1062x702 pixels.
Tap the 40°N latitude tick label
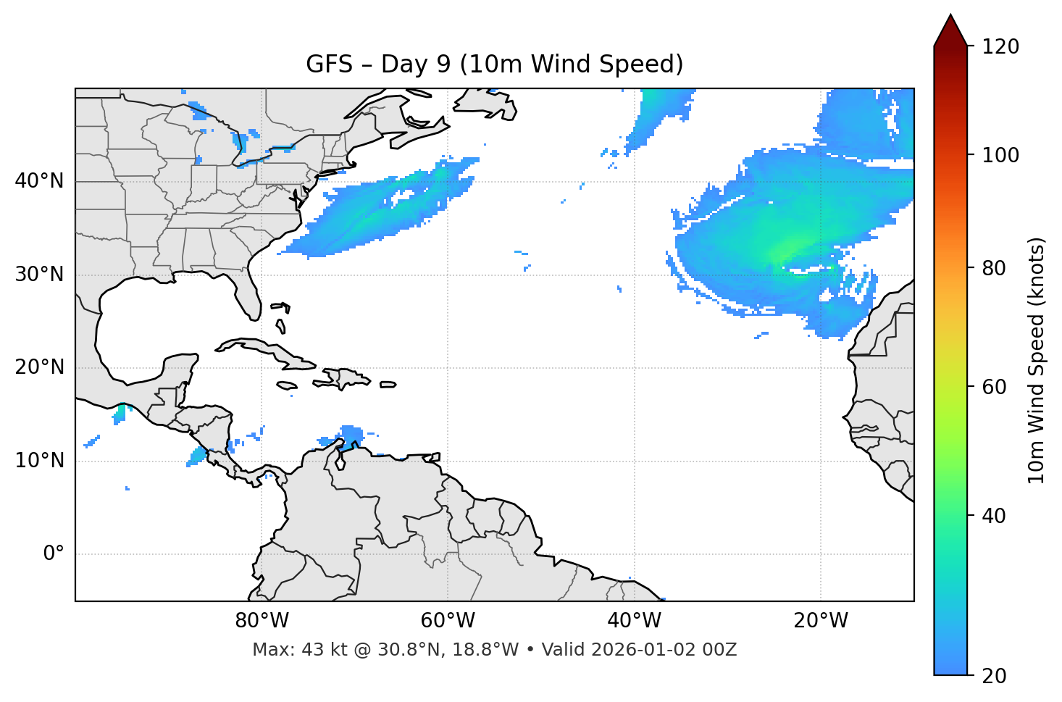(x=39, y=181)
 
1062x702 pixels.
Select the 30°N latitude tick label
(x=39, y=275)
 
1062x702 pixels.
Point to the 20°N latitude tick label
(x=39, y=368)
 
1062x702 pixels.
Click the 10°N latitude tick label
(x=39, y=461)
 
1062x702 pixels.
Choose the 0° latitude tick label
(x=54, y=554)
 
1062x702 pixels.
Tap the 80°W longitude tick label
(x=262, y=621)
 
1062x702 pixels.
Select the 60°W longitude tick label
(x=448, y=621)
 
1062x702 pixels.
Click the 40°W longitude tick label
(x=634, y=621)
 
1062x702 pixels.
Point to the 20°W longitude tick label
(x=820, y=621)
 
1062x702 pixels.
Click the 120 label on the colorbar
(x=1000, y=47)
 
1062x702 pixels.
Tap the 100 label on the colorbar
(x=1000, y=155)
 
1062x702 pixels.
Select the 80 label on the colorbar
(x=995, y=268)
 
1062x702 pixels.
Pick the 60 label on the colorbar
(x=995, y=387)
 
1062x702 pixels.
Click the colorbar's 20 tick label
(x=995, y=676)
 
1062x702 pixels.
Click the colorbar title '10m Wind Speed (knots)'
(x=1037, y=361)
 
